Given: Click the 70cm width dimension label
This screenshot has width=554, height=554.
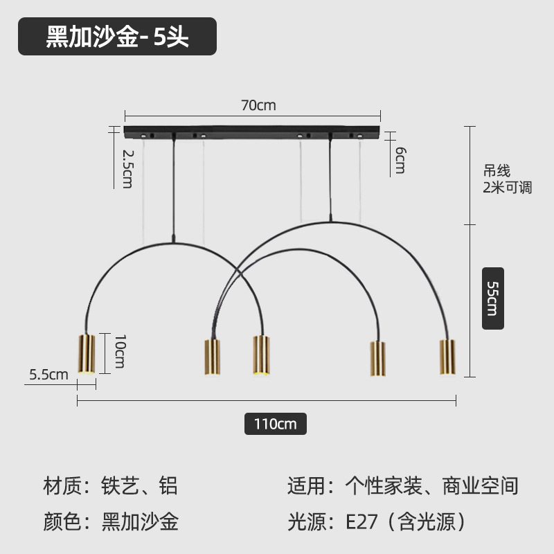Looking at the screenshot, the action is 258,106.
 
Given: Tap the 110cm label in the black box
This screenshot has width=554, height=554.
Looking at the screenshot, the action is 275,423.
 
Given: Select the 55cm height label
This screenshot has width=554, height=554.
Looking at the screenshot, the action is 492,298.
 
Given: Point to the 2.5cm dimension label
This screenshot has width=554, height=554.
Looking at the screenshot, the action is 127,168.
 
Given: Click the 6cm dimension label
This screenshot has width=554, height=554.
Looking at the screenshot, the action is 400,161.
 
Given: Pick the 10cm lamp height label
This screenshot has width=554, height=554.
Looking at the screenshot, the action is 119,350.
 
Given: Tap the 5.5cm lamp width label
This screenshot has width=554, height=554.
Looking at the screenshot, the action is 48,375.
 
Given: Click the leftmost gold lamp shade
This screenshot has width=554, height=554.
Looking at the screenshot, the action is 86,354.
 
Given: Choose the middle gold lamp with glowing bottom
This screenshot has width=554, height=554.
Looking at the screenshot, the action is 261,355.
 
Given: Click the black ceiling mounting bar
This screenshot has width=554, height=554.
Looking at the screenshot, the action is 252,131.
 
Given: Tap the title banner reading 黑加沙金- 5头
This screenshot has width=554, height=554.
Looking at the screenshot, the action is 117,37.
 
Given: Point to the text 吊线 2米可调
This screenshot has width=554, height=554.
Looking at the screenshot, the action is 507,179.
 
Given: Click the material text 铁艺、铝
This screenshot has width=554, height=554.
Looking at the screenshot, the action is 140,485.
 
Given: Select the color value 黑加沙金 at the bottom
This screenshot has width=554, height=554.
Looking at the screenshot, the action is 141,521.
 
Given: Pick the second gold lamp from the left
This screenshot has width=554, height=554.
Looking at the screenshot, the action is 212,357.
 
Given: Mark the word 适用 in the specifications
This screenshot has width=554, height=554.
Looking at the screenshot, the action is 305,485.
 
